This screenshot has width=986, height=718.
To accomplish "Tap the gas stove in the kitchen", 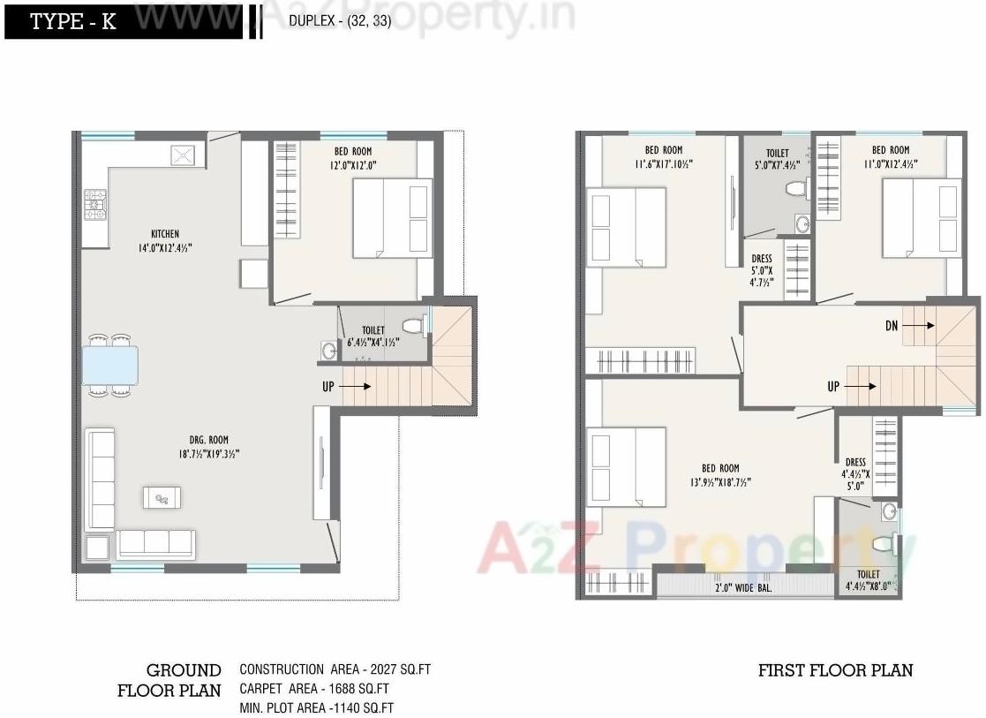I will pyautogui.click(x=95, y=204).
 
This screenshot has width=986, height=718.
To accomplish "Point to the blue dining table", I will pyautogui.click(x=110, y=365).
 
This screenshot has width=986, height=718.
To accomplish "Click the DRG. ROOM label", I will pyautogui.click(x=207, y=440).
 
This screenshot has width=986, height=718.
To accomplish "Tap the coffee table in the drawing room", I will pyautogui.click(x=162, y=497).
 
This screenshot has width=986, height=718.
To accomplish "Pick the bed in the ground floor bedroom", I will pyautogui.click(x=393, y=218).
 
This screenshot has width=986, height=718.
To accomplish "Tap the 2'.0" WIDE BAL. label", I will pyautogui.click(x=743, y=587).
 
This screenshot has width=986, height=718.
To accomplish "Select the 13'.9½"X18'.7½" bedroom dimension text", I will pyautogui.click(x=720, y=482).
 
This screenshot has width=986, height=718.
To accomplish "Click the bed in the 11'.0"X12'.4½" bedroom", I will pyautogui.click(x=922, y=218).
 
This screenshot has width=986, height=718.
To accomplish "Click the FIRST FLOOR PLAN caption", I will pyautogui.click(x=835, y=670).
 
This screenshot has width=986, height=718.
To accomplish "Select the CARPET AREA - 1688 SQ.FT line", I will pyautogui.click(x=314, y=689).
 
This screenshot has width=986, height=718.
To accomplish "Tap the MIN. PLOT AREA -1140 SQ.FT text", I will pyautogui.click(x=316, y=707).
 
